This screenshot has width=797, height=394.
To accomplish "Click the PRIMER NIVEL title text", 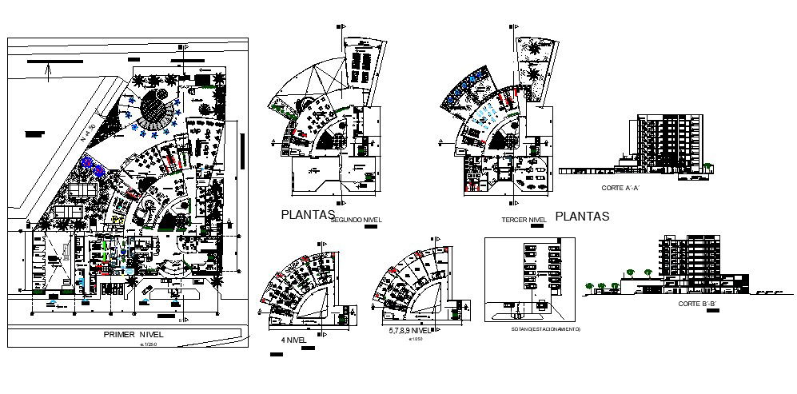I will click(133, 336).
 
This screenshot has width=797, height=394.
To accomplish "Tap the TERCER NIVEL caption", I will click(523, 218).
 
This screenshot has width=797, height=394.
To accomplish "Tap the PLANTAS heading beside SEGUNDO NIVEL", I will click(306, 215).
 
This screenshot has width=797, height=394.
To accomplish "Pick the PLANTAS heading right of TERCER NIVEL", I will click(582, 216).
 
